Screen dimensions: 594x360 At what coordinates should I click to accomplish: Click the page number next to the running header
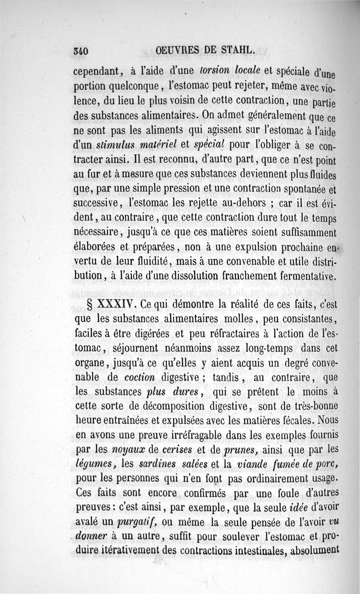(80, 51)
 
